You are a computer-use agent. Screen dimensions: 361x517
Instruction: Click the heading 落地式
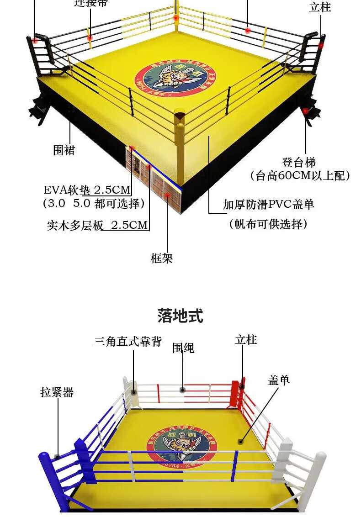tap(180, 316)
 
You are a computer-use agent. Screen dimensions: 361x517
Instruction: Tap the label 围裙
tap(64, 150)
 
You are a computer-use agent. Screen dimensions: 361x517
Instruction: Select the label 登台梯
tap(299, 162)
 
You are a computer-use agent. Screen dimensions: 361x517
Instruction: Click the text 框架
tap(162, 258)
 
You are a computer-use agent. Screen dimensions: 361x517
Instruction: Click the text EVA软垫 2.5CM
tap(87, 190)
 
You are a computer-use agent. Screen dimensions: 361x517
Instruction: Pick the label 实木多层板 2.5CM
tap(97, 225)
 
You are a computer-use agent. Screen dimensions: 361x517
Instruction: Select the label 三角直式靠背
tap(128, 342)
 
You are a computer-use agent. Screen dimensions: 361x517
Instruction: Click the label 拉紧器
tap(57, 392)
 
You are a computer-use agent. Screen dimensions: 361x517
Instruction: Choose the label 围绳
tap(183, 348)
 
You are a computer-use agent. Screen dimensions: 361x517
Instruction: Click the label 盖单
tap(279, 380)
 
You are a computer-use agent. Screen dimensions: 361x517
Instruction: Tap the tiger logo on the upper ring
tap(175, 78)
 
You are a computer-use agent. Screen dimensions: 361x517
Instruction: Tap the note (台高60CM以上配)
tap(300, 176)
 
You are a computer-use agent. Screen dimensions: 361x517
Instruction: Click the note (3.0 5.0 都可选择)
tap(94, 204)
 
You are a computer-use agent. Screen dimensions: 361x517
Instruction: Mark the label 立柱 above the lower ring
tap(246, 340)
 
